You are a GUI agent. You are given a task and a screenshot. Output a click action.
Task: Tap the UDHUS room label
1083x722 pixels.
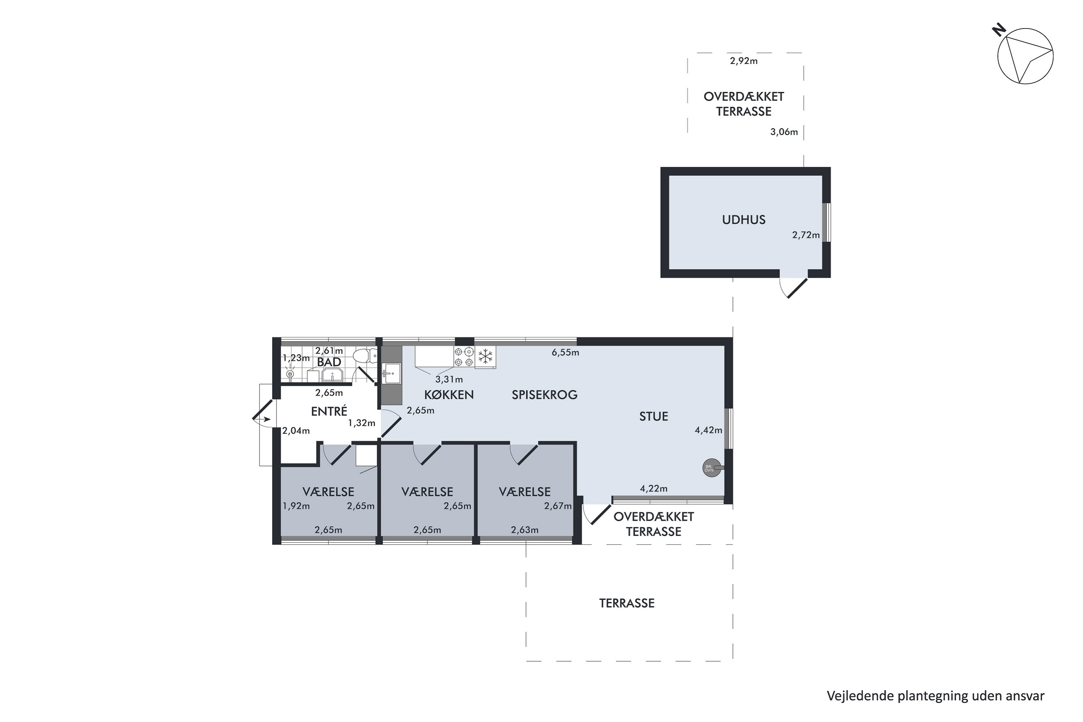point(744,219)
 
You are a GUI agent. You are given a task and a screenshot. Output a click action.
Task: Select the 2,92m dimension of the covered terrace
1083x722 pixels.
point(744,61)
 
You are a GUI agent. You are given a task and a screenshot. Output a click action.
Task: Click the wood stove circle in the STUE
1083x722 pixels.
point(712,468)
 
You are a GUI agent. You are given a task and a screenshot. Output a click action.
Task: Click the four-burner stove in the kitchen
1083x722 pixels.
point(464,357)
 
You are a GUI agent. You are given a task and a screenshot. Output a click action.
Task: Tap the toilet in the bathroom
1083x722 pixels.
point(365,356)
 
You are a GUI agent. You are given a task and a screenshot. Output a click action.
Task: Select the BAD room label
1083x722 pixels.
point(329,362)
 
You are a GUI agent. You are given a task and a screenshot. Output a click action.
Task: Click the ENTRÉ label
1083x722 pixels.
point(329,411)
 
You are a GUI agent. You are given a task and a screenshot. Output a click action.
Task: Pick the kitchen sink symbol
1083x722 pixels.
point(392,373)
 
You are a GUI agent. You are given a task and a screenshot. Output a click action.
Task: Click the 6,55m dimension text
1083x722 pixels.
point(565,353)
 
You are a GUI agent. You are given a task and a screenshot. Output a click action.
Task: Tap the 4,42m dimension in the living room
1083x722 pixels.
point(709,430)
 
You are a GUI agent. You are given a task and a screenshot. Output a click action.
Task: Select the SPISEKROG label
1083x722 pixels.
point(544,395)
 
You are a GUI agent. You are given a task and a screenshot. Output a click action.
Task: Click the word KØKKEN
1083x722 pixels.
point(449,395)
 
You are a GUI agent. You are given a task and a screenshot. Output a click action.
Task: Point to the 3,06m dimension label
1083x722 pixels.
point(784,132)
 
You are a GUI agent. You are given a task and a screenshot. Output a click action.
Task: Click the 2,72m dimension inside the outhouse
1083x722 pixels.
point(806,235)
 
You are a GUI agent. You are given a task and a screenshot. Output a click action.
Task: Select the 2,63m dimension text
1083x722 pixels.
point(525,530)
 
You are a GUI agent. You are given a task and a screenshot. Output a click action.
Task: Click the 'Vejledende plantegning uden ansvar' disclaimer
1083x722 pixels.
point(936,696)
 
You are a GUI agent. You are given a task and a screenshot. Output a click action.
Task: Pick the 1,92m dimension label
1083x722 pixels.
point(296,506)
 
